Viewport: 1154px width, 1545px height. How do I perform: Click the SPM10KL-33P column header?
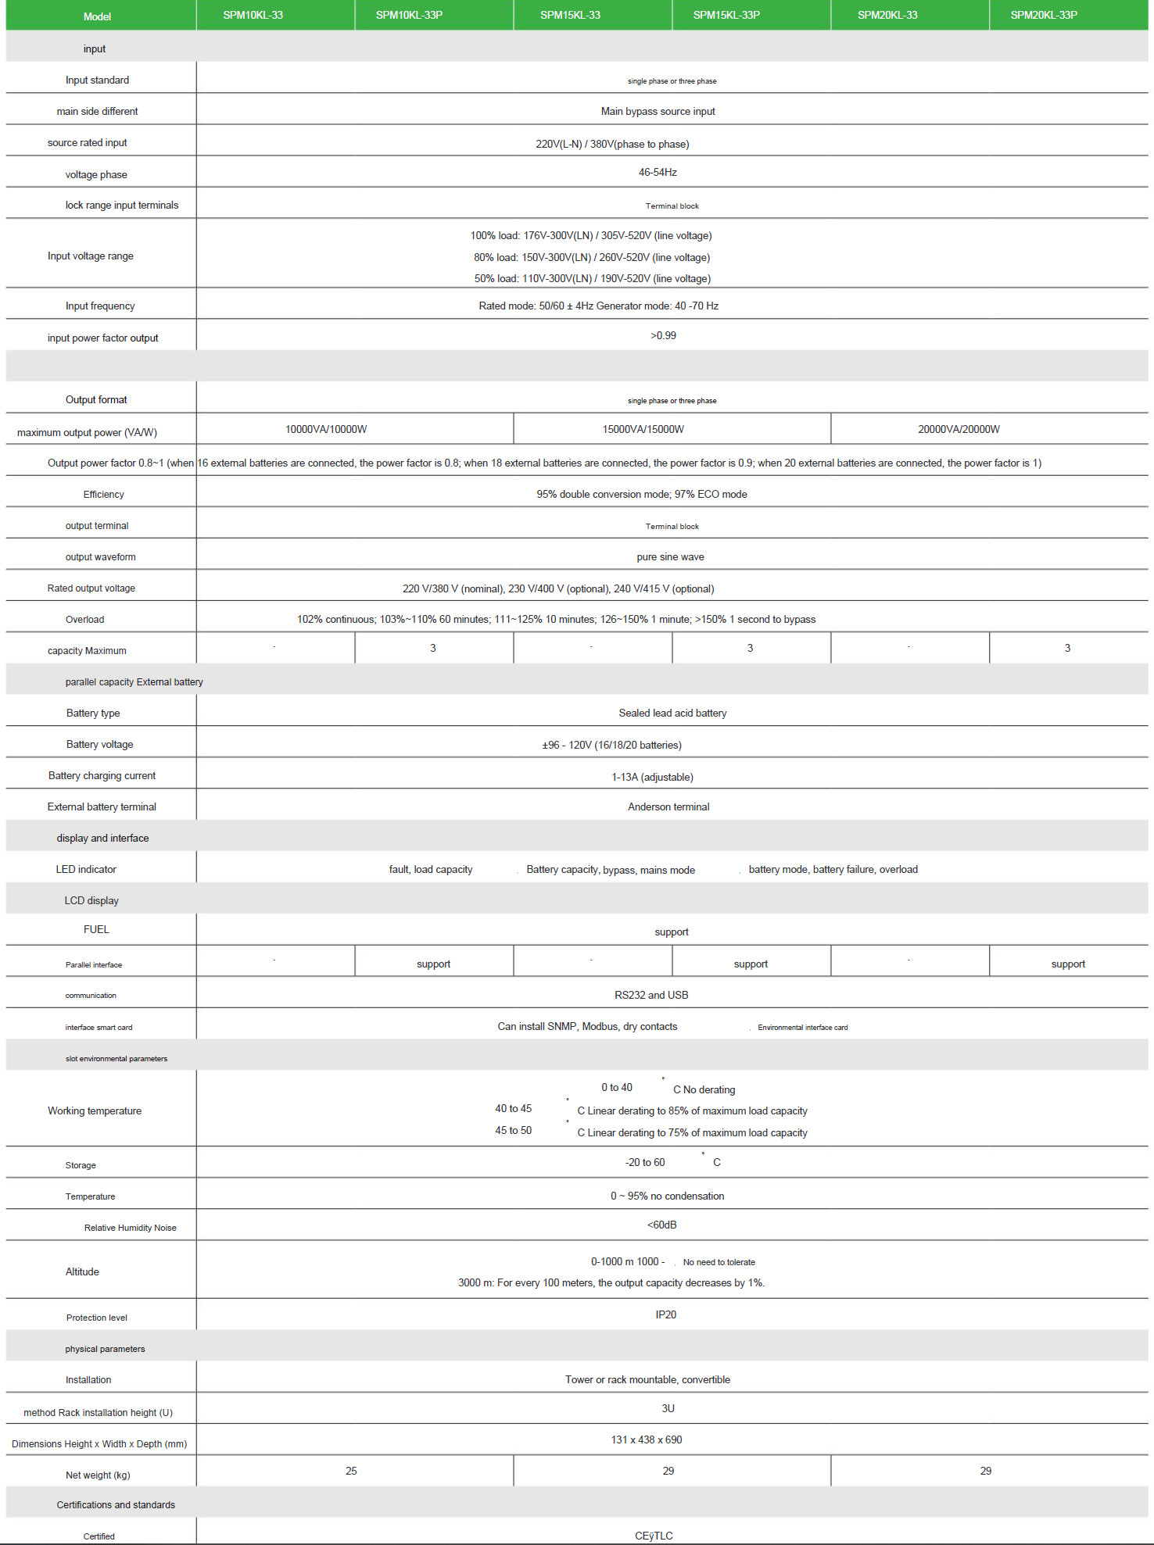click(409, 15)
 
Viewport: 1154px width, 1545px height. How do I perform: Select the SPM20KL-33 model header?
click(887, 15)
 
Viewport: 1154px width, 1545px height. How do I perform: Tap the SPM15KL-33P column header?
click(726, 15)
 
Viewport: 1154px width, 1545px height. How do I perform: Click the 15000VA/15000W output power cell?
click(643, 429)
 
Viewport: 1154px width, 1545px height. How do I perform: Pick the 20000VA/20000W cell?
click(959, 429)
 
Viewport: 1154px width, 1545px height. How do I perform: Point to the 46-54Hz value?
click(658, 172)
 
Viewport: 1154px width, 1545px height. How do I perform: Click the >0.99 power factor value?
click(663, 335)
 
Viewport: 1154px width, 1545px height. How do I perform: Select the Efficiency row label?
click(103, 494)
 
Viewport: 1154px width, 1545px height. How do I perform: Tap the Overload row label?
click(84, 619)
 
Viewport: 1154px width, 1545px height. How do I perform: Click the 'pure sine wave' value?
click(670, 557)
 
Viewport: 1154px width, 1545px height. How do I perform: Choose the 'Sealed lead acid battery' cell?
click(672, 713)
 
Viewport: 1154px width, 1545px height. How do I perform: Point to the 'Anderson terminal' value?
click(668, 806)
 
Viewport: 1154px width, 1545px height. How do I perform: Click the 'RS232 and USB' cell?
click(651, 995)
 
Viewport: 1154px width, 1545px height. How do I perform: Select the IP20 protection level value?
click(665, 1314)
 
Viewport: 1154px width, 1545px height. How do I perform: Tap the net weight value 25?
click(351, 1471)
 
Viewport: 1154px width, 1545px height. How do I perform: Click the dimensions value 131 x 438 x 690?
click(647, 1439)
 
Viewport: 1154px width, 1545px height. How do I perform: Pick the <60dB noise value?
click(661, 1225)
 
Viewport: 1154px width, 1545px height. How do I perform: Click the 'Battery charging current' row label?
click(102, 775)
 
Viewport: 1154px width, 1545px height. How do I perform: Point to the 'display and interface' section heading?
click(102, 838)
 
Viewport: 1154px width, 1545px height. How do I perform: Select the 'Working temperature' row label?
click(95, 1110)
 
